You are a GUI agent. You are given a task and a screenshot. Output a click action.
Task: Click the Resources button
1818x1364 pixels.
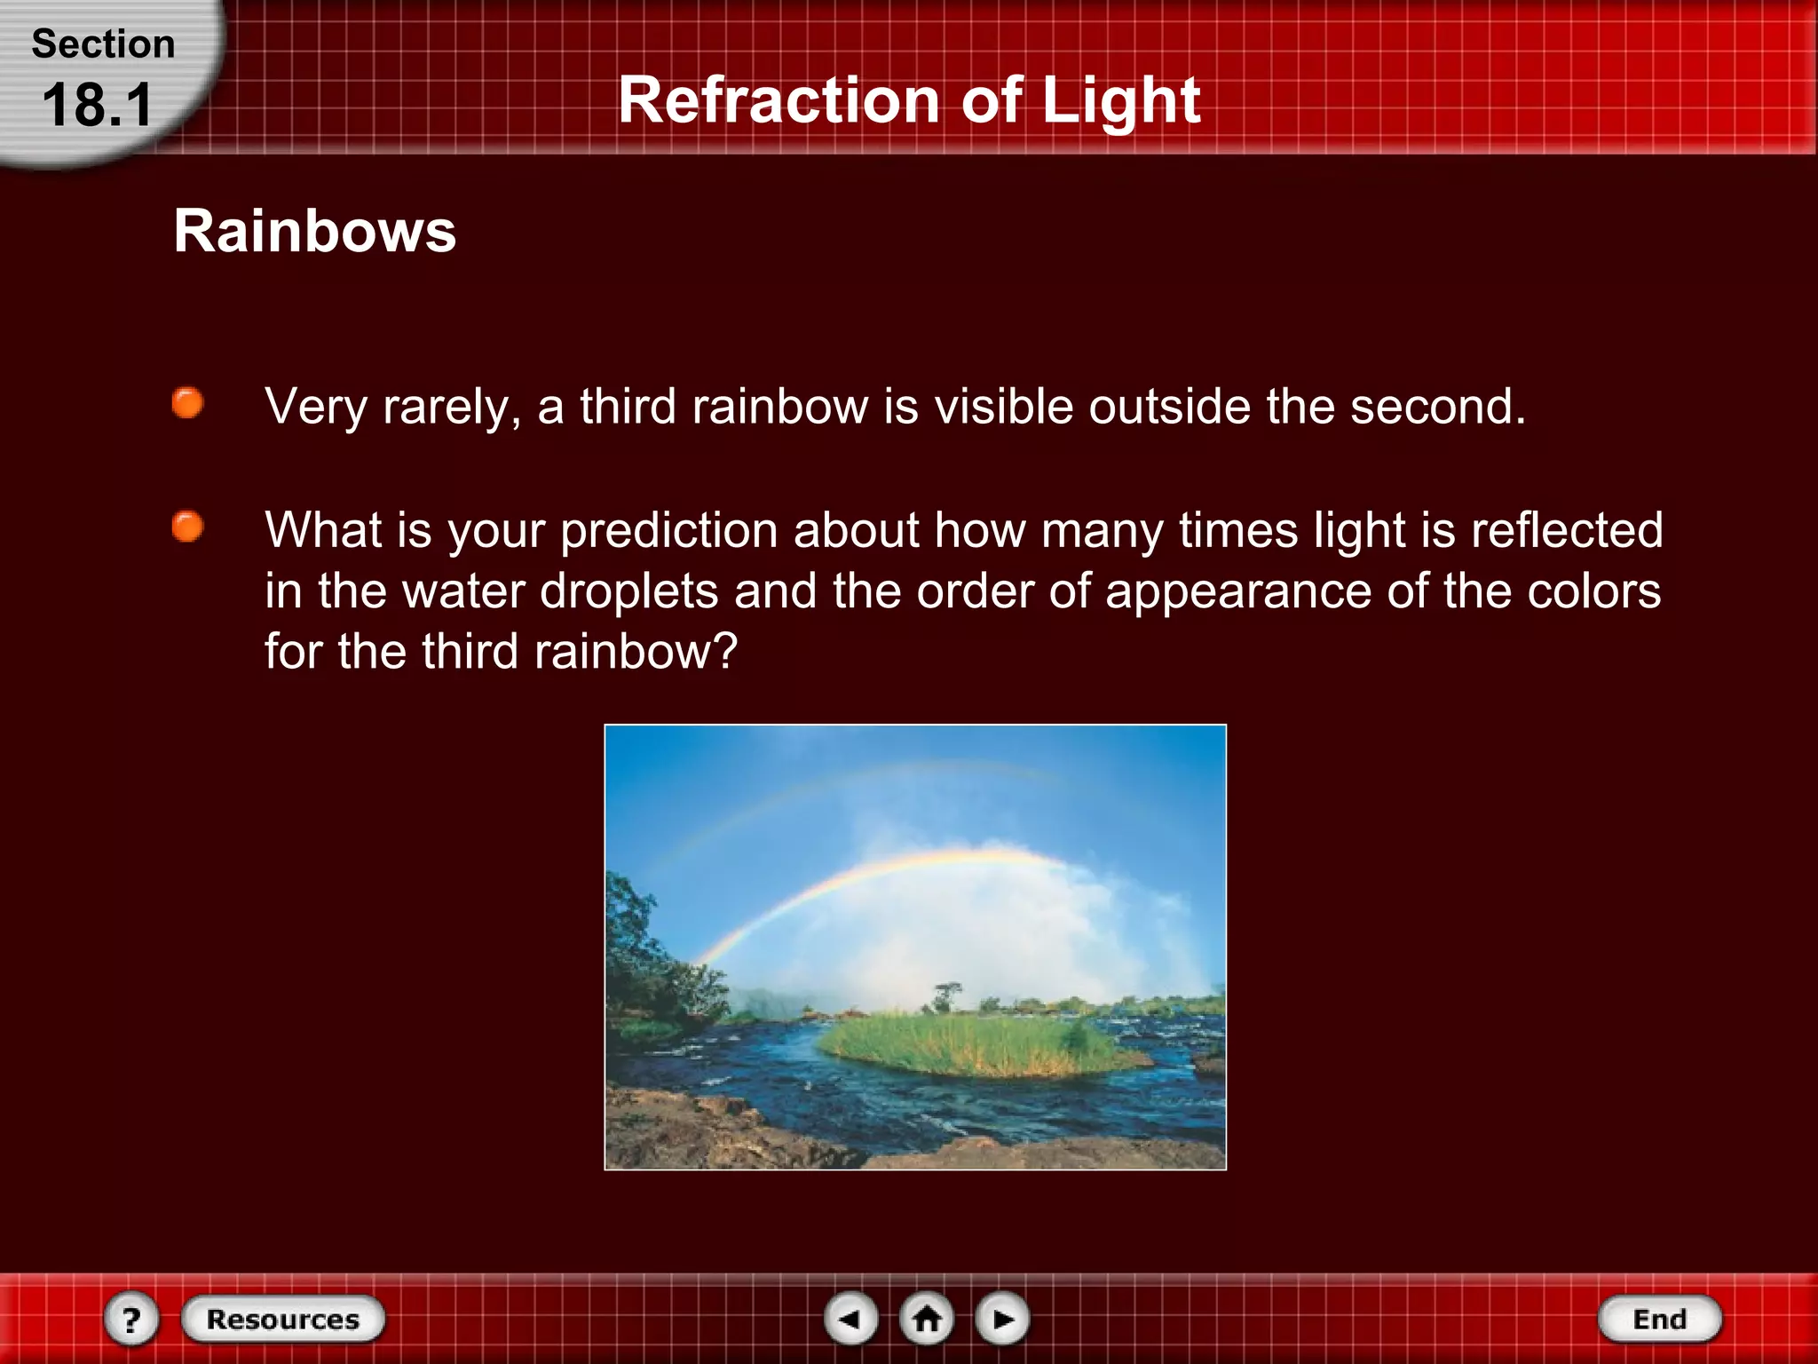283,1319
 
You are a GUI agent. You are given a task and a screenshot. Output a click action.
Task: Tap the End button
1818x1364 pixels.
1659,1319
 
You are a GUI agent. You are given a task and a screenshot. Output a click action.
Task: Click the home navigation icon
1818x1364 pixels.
927,1319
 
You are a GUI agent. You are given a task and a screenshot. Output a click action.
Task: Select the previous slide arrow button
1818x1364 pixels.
850,1319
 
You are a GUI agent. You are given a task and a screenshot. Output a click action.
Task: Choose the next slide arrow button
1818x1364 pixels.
1002,1319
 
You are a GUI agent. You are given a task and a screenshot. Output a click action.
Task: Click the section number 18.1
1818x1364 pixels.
98,105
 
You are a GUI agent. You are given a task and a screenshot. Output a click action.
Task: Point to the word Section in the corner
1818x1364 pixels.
103,44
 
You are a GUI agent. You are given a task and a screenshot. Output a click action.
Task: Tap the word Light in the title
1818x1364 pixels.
1120,99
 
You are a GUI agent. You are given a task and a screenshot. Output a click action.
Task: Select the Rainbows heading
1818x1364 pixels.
314,231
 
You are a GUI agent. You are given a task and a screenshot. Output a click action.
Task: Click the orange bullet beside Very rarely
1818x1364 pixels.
187,403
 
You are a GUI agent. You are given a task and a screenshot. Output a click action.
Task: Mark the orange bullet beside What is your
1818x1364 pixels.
187,527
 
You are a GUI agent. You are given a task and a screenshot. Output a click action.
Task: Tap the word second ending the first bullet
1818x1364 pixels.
1437,407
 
